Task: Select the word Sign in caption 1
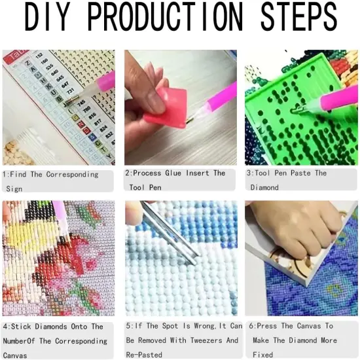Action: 14,189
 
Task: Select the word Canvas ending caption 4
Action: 14,355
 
